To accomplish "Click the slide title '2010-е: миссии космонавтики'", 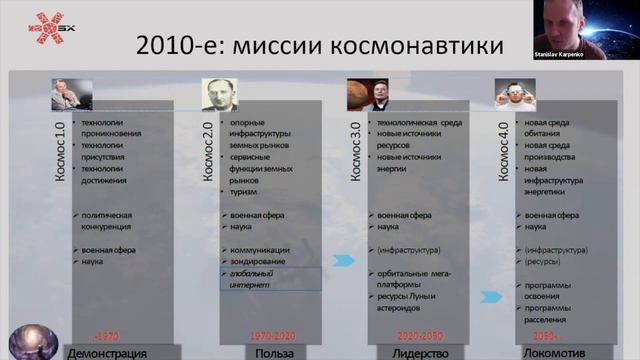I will [x=319, y=47].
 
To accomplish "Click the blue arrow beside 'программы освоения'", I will [x=491, y=297].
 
